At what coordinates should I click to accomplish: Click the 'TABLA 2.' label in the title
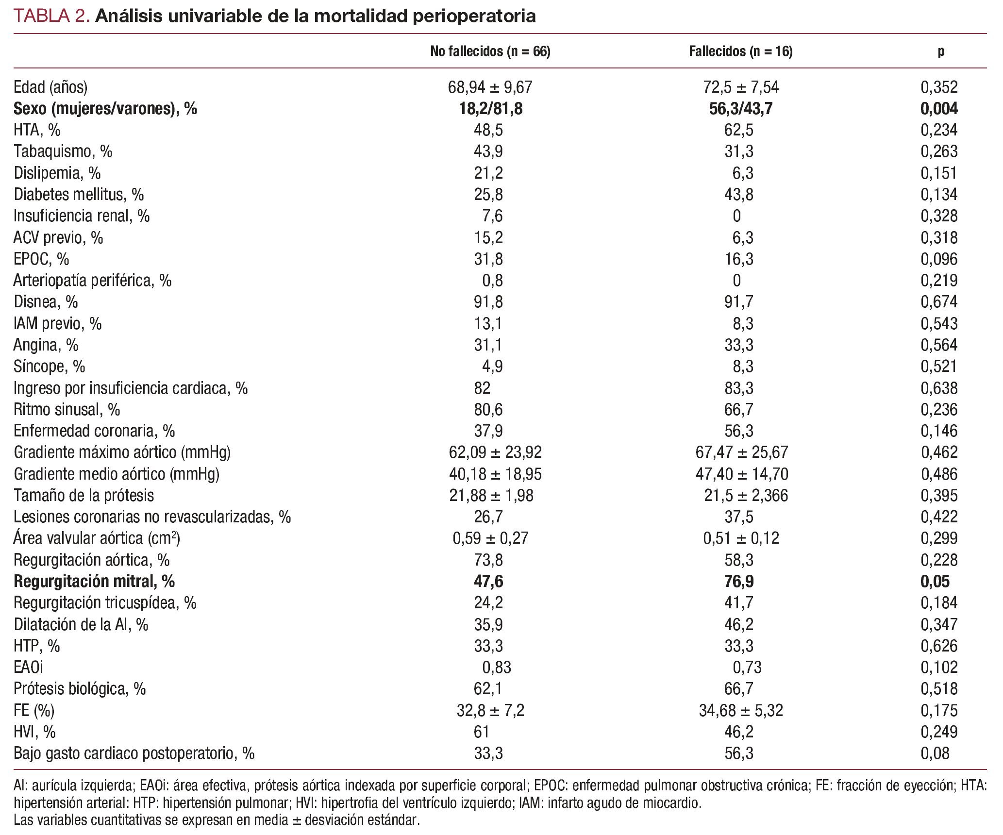51,16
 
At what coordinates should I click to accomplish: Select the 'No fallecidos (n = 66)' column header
490,51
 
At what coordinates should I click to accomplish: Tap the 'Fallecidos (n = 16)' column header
740,51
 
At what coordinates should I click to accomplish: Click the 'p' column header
941,52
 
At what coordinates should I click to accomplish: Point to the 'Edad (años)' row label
50,87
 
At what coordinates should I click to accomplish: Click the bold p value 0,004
939,109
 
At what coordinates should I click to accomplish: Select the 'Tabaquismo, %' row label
63,151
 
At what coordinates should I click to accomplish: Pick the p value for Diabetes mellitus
939,195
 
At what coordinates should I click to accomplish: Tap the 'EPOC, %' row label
41,259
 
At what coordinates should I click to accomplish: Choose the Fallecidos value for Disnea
738,302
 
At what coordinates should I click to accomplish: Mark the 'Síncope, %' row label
50,367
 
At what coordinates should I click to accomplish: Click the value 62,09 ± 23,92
495,452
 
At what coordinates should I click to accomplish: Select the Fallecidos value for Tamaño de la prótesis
746,496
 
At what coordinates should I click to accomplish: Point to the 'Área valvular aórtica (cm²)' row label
97,538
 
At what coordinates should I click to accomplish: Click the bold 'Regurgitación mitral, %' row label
94,582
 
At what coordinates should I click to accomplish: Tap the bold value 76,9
738,582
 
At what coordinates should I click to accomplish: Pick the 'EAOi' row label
28,668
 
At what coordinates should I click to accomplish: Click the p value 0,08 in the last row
935,753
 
